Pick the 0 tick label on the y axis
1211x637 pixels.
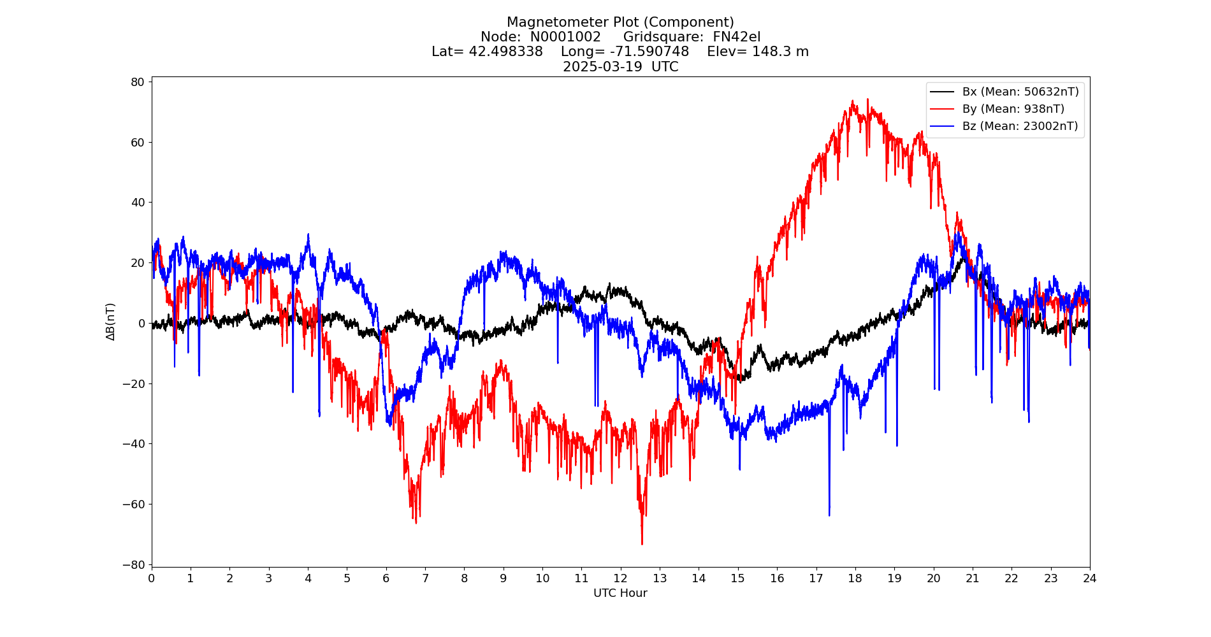coord(141,324)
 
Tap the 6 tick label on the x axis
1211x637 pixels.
coord(386,578)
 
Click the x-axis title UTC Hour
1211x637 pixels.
coord(620,594)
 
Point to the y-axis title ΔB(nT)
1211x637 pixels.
coord(111,322)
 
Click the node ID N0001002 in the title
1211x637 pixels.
coord(565,37)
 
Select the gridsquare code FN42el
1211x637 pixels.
coord(736,37)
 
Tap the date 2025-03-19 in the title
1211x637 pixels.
coord(602,67)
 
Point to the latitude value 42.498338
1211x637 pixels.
coord(505,52)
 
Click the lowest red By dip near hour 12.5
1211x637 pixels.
coord(642,543)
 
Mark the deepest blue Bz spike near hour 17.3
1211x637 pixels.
coord(829,515)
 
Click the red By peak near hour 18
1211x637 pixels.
coord(853,101)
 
